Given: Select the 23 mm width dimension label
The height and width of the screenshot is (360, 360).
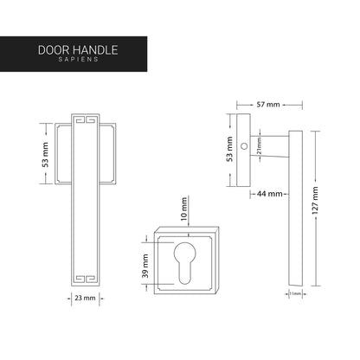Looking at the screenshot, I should pos(85,297).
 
